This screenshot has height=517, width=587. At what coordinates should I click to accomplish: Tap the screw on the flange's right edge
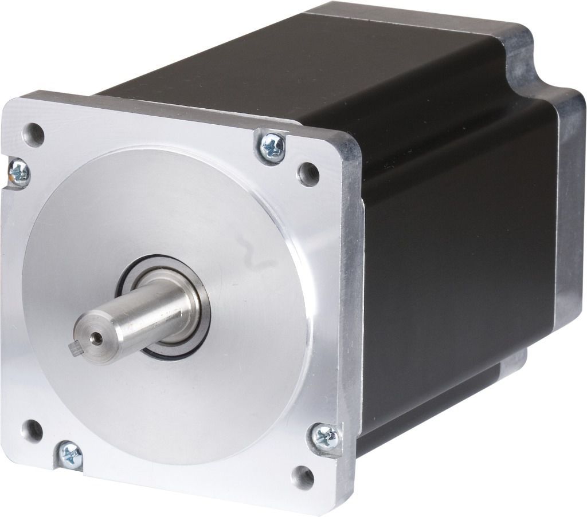327,437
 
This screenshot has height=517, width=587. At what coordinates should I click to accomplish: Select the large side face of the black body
459,258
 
